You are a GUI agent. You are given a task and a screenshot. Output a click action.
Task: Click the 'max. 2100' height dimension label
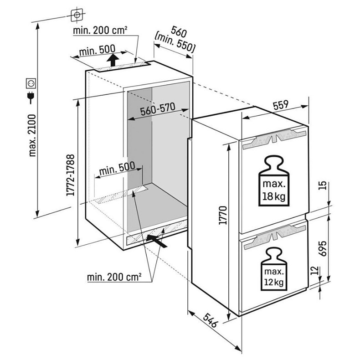pyautogui.click(x=32, y=135)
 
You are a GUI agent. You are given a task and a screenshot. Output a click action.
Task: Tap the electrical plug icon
pyautogui.click(x=31, y=98)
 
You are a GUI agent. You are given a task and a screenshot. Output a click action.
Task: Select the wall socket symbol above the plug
pyautogui.click(x=31, y=83)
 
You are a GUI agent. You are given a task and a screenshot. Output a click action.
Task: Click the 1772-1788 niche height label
pyautogui.click(x=70, y=175)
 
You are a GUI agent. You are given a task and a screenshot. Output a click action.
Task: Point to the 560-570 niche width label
pyautogui.click(x=158, y=109)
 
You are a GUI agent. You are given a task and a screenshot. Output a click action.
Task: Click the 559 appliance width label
pyautogui.click(x=281, y=105)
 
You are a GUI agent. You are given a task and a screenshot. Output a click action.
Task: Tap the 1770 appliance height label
pyautogui.click(x=223, y=216)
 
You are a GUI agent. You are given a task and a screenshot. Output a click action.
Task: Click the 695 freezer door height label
pyautogui.click(x=323, y=248)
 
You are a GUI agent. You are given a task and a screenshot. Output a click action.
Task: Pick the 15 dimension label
pyautogui.click(x=323, y=185)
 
